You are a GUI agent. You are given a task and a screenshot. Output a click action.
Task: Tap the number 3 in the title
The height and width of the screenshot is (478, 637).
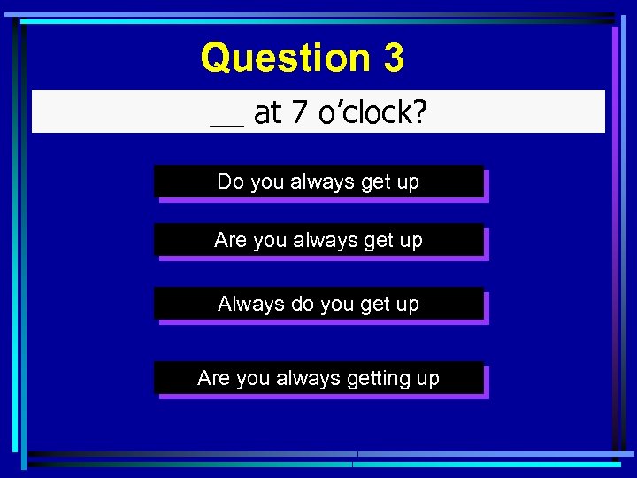click(x=394, y=58)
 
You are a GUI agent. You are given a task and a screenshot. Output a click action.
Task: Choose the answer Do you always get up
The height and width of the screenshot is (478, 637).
click(x=318, y=182)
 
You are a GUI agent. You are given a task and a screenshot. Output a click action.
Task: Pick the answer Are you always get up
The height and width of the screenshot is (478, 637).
click(x=318, y=240)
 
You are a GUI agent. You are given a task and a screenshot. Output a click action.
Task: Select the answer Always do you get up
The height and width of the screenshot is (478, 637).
click(x=318, y=304)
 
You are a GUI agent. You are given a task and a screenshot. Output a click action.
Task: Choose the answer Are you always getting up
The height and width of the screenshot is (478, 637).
click(x=318, y=378)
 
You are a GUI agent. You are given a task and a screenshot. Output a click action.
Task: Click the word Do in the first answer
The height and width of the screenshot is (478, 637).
click(x=230, y=182)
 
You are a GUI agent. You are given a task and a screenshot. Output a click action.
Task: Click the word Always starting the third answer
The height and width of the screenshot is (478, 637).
click(x=251, y=304)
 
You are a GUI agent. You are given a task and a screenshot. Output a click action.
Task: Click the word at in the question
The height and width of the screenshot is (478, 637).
click(x=268, y=112)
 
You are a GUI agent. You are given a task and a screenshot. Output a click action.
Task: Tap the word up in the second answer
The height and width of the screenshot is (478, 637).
click(x=411, y=241)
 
